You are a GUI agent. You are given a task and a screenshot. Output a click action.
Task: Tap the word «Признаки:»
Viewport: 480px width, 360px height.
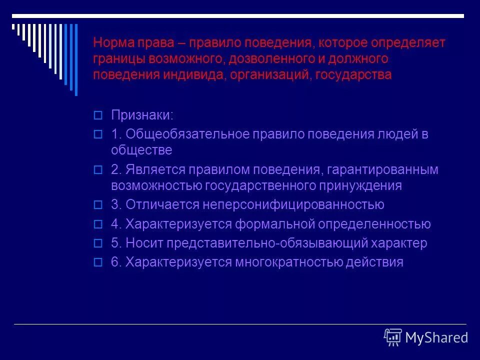[x=142, y=115]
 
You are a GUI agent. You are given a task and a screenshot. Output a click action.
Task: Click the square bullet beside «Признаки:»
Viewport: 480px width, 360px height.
[x=98, y=115]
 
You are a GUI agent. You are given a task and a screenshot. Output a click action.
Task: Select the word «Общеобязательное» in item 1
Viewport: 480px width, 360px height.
[x=188, y=134]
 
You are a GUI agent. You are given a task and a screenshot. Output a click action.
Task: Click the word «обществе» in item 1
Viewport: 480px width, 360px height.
[x=141, y=150]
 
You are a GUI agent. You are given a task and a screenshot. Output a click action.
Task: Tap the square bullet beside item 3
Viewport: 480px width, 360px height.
[x=98, y=205]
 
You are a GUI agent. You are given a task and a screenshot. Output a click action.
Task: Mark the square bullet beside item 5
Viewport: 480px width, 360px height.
[x=98, y=243]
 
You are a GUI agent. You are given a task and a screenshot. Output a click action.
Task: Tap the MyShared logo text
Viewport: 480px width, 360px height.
[x=436, y=338]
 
